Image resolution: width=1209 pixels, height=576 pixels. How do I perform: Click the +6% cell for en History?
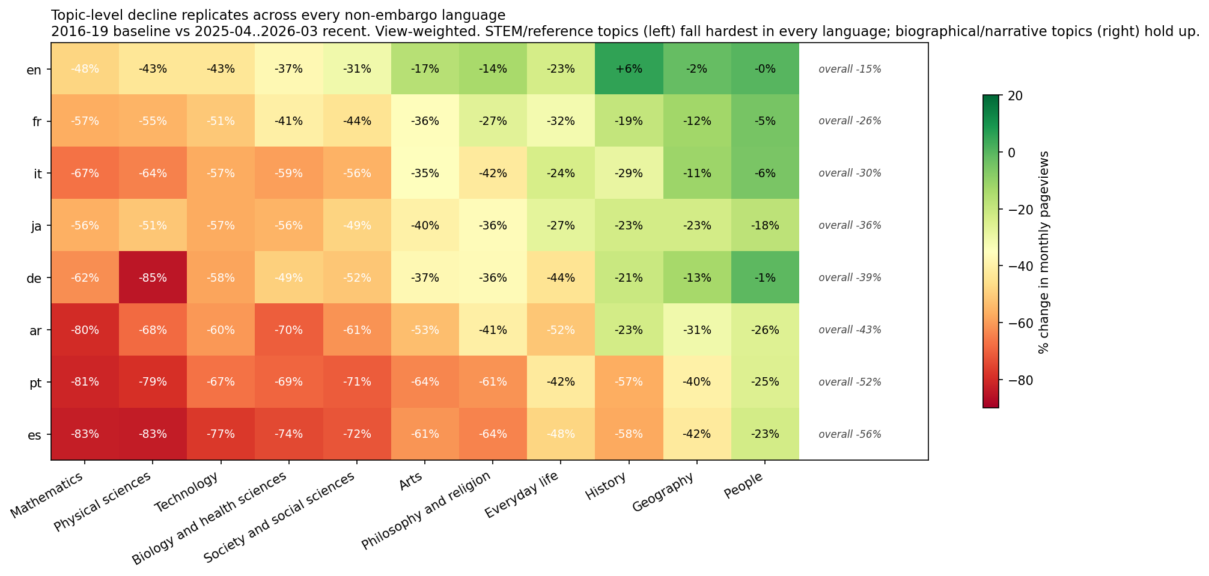(629, 69)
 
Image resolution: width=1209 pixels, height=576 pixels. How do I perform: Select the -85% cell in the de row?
(153, 277)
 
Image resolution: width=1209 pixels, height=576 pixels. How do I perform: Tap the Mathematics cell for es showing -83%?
(85, 434)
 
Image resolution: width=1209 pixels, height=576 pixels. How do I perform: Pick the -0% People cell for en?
(764, 69)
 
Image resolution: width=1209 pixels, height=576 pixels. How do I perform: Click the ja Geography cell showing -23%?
(696, 226)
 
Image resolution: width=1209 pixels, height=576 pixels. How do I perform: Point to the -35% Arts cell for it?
(425, 174)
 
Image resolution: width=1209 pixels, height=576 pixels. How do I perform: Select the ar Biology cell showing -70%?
(288, 330)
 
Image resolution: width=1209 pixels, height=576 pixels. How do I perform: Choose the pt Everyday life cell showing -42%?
(561, 382)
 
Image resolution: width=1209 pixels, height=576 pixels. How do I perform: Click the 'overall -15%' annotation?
(850, 69)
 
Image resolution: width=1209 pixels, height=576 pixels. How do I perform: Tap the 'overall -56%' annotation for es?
(850, 434)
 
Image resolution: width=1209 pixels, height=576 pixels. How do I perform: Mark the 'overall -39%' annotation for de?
(850, 277)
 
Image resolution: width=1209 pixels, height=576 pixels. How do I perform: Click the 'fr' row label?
(37, 121)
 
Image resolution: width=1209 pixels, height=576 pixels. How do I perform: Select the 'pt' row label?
(36, 382)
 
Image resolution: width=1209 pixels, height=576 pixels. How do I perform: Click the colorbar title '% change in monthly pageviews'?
(1043, 252)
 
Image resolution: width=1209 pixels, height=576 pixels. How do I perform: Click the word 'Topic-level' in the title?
(81, 14)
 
